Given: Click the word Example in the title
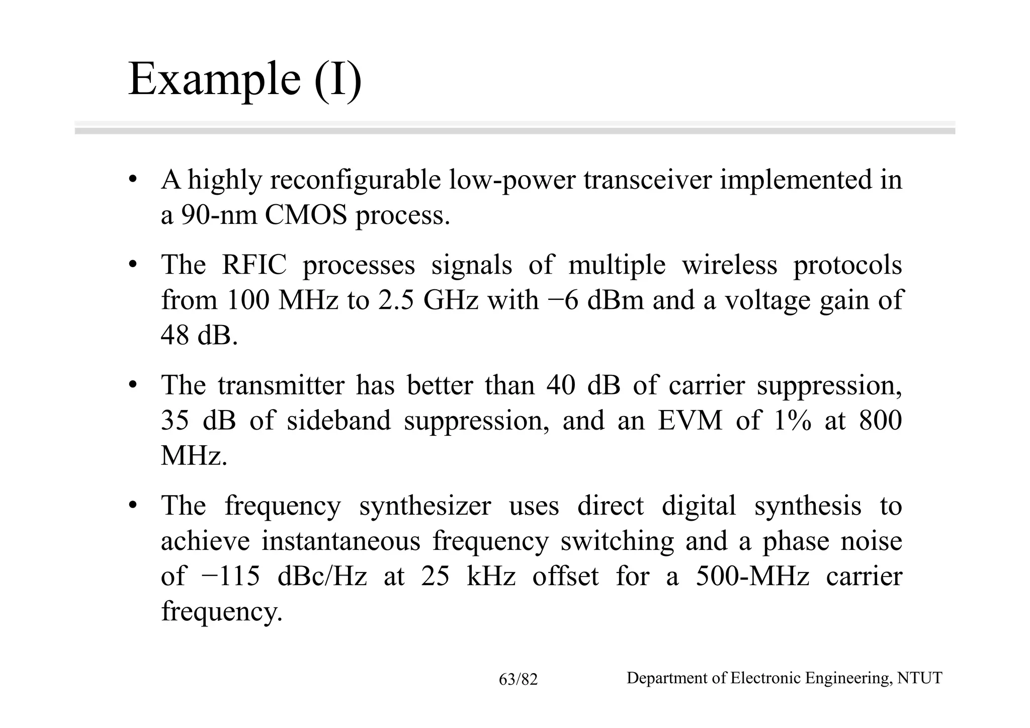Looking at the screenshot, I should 214,79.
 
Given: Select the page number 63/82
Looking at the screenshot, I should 518,680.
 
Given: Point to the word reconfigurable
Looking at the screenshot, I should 355,180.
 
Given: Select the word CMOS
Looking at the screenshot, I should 306,215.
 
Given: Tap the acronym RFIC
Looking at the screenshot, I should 254,265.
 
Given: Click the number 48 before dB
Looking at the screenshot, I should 175,335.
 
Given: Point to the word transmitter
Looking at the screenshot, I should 281,386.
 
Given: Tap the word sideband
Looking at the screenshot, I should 338,421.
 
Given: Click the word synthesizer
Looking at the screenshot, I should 424,506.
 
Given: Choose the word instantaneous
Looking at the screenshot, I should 340,541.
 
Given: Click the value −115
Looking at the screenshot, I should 230,577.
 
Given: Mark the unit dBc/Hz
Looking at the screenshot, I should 322,577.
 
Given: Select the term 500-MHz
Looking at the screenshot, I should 752,577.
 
